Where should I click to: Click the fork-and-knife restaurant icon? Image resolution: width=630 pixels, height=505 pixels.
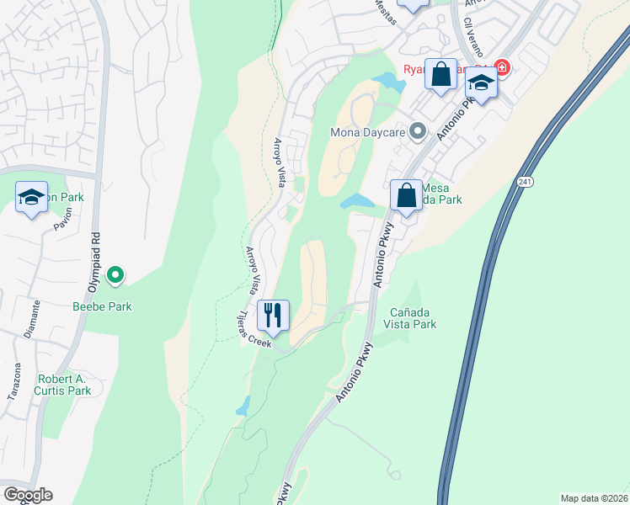(273, 316)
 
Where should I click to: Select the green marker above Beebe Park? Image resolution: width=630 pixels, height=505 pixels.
(116, 274)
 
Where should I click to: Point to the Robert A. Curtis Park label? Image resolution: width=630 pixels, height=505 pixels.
(63, 385)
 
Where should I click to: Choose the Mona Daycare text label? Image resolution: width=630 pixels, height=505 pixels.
(368, 132)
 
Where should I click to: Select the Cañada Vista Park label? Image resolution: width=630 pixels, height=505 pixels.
(410, 317)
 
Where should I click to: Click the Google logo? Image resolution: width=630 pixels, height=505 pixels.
(27, 495)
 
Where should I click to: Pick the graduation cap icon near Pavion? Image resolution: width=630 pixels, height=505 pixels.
(31, 198)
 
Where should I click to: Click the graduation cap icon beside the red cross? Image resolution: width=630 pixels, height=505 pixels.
(481, 83)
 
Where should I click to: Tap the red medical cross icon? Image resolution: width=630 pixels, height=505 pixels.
(502, 66)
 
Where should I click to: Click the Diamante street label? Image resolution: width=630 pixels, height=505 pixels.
(33, 319)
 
